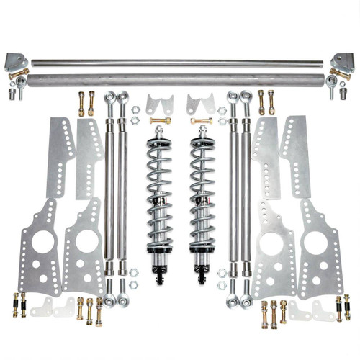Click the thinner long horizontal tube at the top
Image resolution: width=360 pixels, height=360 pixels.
click(180, 62)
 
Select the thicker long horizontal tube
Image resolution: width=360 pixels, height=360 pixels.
click(180, 78)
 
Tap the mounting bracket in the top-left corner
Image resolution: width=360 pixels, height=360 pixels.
click(16, 60)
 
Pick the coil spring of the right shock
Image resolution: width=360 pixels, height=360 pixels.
click(201, 194)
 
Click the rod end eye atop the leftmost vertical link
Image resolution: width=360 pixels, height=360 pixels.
click(110, 96)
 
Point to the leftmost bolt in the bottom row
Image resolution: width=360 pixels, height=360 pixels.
click(14, 306)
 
